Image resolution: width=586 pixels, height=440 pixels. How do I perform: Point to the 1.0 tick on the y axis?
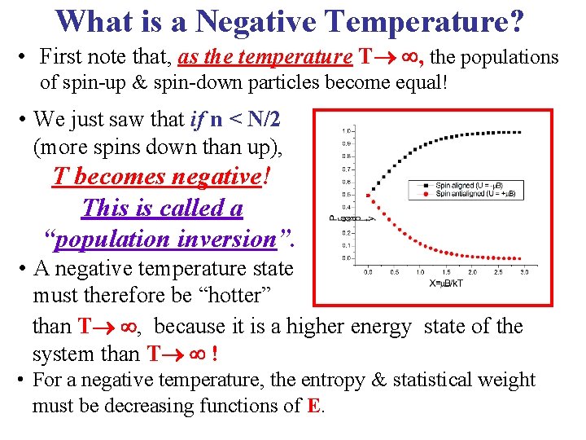coord(347,130)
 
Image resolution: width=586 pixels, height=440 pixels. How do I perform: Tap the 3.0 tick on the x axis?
coord(524,272)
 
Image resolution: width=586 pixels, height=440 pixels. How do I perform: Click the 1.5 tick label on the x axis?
coord(446,272)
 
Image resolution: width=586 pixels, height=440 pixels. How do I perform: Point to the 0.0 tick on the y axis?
coord(347,258)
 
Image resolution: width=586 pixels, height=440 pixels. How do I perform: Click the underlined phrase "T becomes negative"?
coord(161,177)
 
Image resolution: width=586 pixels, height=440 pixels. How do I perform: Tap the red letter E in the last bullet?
coord(313,406)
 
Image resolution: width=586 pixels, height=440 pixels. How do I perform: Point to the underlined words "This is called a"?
coord(162,208)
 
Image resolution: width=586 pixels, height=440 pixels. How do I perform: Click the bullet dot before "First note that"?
coord(25,57)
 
